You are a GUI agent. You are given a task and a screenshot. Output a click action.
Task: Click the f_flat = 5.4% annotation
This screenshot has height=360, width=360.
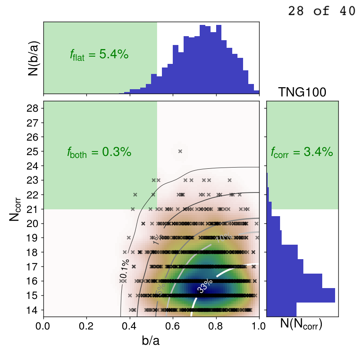99,55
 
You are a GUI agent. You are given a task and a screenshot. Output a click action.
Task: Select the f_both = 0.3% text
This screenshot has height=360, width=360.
99,152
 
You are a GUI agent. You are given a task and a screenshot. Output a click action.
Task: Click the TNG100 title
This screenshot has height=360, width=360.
302,93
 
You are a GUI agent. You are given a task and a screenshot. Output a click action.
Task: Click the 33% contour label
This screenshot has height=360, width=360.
205,286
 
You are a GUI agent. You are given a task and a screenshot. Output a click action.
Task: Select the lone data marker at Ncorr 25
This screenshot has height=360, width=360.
180,151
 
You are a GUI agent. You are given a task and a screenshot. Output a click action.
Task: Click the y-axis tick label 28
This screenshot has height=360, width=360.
33,108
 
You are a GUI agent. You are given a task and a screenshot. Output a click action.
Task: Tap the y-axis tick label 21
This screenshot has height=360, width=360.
33,209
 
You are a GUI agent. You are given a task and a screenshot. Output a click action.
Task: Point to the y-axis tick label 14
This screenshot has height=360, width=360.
33,310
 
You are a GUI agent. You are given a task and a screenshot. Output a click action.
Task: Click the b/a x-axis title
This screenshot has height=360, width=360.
151,341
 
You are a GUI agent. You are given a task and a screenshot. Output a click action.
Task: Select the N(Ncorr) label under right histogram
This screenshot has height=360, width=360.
301,325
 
